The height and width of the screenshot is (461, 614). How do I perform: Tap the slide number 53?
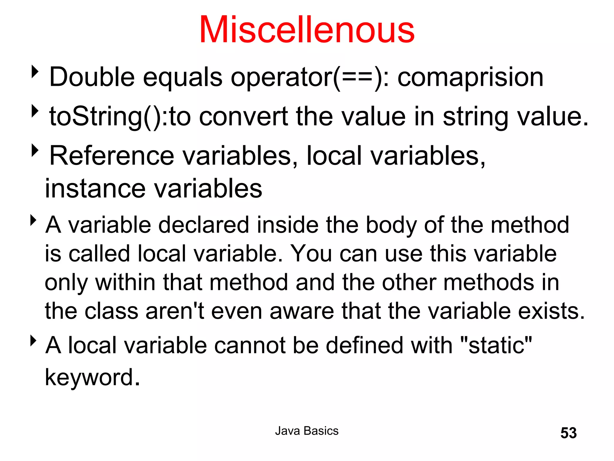coord(568,433)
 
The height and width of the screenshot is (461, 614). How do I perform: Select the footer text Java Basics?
coord(307,431)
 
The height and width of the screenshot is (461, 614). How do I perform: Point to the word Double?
coord(92,77)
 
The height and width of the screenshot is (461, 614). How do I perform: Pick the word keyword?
coord(92,378)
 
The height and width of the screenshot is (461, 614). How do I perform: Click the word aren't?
coord(175,311)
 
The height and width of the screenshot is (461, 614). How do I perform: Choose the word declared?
coord(204,225)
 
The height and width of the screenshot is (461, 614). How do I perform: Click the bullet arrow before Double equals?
coord(35,72)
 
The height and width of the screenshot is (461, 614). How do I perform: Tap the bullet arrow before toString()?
coord(35,111)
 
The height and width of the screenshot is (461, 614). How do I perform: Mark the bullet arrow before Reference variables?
coord(35,150)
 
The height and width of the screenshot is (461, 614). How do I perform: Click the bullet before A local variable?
coord(34,341)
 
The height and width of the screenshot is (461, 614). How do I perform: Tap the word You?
coord(311,254)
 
